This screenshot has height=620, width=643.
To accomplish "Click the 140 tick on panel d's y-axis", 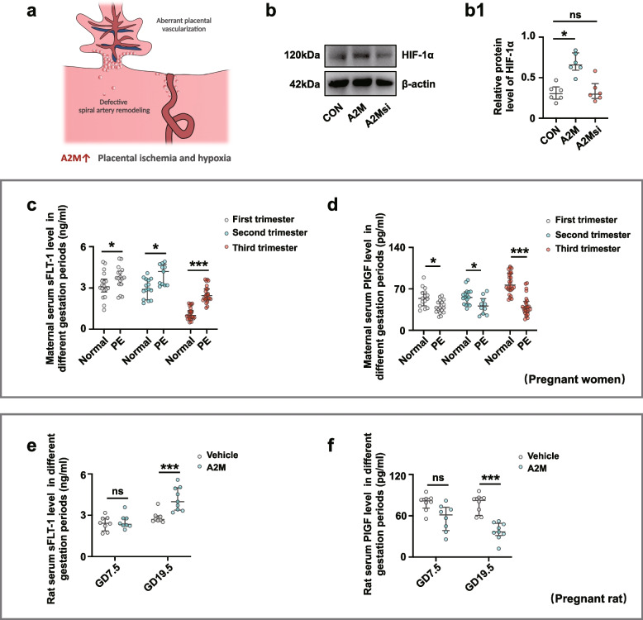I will pyautogui.click(x=397, y=248).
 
